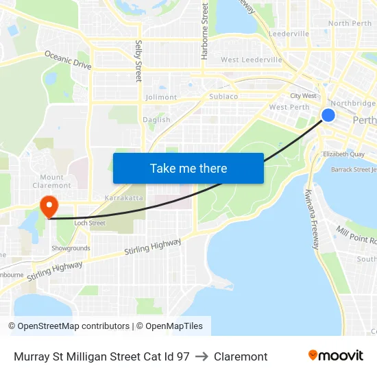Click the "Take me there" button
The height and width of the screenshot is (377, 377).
point(188,168)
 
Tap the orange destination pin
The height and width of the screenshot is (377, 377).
point(49,206)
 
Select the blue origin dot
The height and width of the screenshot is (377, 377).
point(328,114)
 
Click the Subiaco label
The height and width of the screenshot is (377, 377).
point(223,97)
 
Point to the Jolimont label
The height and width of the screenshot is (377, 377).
point(161,97)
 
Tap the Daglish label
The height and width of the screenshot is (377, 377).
point(156,119)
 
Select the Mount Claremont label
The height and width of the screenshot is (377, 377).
point(51,182)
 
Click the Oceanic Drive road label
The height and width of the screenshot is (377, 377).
point(68,60)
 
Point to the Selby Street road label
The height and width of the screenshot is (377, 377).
point(138,61)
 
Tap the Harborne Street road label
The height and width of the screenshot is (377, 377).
point(204,31)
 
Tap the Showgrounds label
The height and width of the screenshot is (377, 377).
point(71,248)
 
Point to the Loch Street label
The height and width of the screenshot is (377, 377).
point(89,223)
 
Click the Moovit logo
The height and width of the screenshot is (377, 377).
point(335,355)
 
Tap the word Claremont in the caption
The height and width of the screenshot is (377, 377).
point(241,356)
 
